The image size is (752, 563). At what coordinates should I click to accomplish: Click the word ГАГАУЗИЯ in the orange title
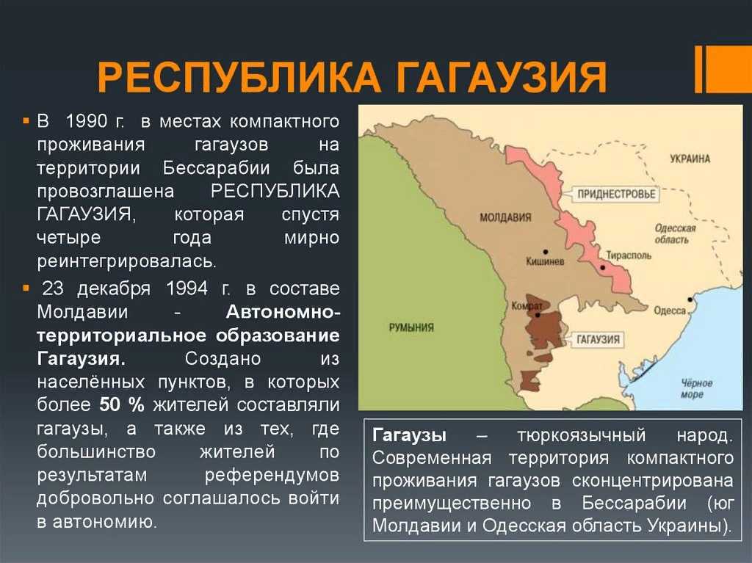click(x=501, y=76)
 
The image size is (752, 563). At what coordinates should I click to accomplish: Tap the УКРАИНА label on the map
click(x=690, y=159)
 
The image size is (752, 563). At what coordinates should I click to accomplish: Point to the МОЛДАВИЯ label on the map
click(x=505, y=218)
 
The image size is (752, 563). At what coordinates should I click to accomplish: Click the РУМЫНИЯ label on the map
click(x=411, y=327)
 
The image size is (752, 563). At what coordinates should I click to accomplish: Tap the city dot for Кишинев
click(x=546, y=252)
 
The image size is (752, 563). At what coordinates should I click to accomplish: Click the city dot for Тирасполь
click(x=603, y=268)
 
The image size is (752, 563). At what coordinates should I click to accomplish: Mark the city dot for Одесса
click(x=690, y=299)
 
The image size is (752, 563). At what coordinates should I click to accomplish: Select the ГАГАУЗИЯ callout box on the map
click(x=598, y=340)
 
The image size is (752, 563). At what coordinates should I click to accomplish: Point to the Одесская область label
click(x=675, y=233)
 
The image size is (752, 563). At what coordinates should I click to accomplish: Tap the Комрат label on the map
click(x=527, y=306)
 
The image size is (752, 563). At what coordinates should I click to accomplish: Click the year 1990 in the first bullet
click(x=87, y=121)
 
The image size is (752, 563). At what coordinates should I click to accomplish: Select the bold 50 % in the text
click(x=122, y=404)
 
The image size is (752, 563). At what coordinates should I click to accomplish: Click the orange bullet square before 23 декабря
click(x=26, y=288)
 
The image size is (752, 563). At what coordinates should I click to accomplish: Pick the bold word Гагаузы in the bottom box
click(x=409, y=435)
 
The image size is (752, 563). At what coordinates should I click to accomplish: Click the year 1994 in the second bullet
click(x=187, y=288)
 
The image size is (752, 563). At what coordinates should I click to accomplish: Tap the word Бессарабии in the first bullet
click(x=216, y=168)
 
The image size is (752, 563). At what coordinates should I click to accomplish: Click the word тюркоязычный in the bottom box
click(x=582, y=436)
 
